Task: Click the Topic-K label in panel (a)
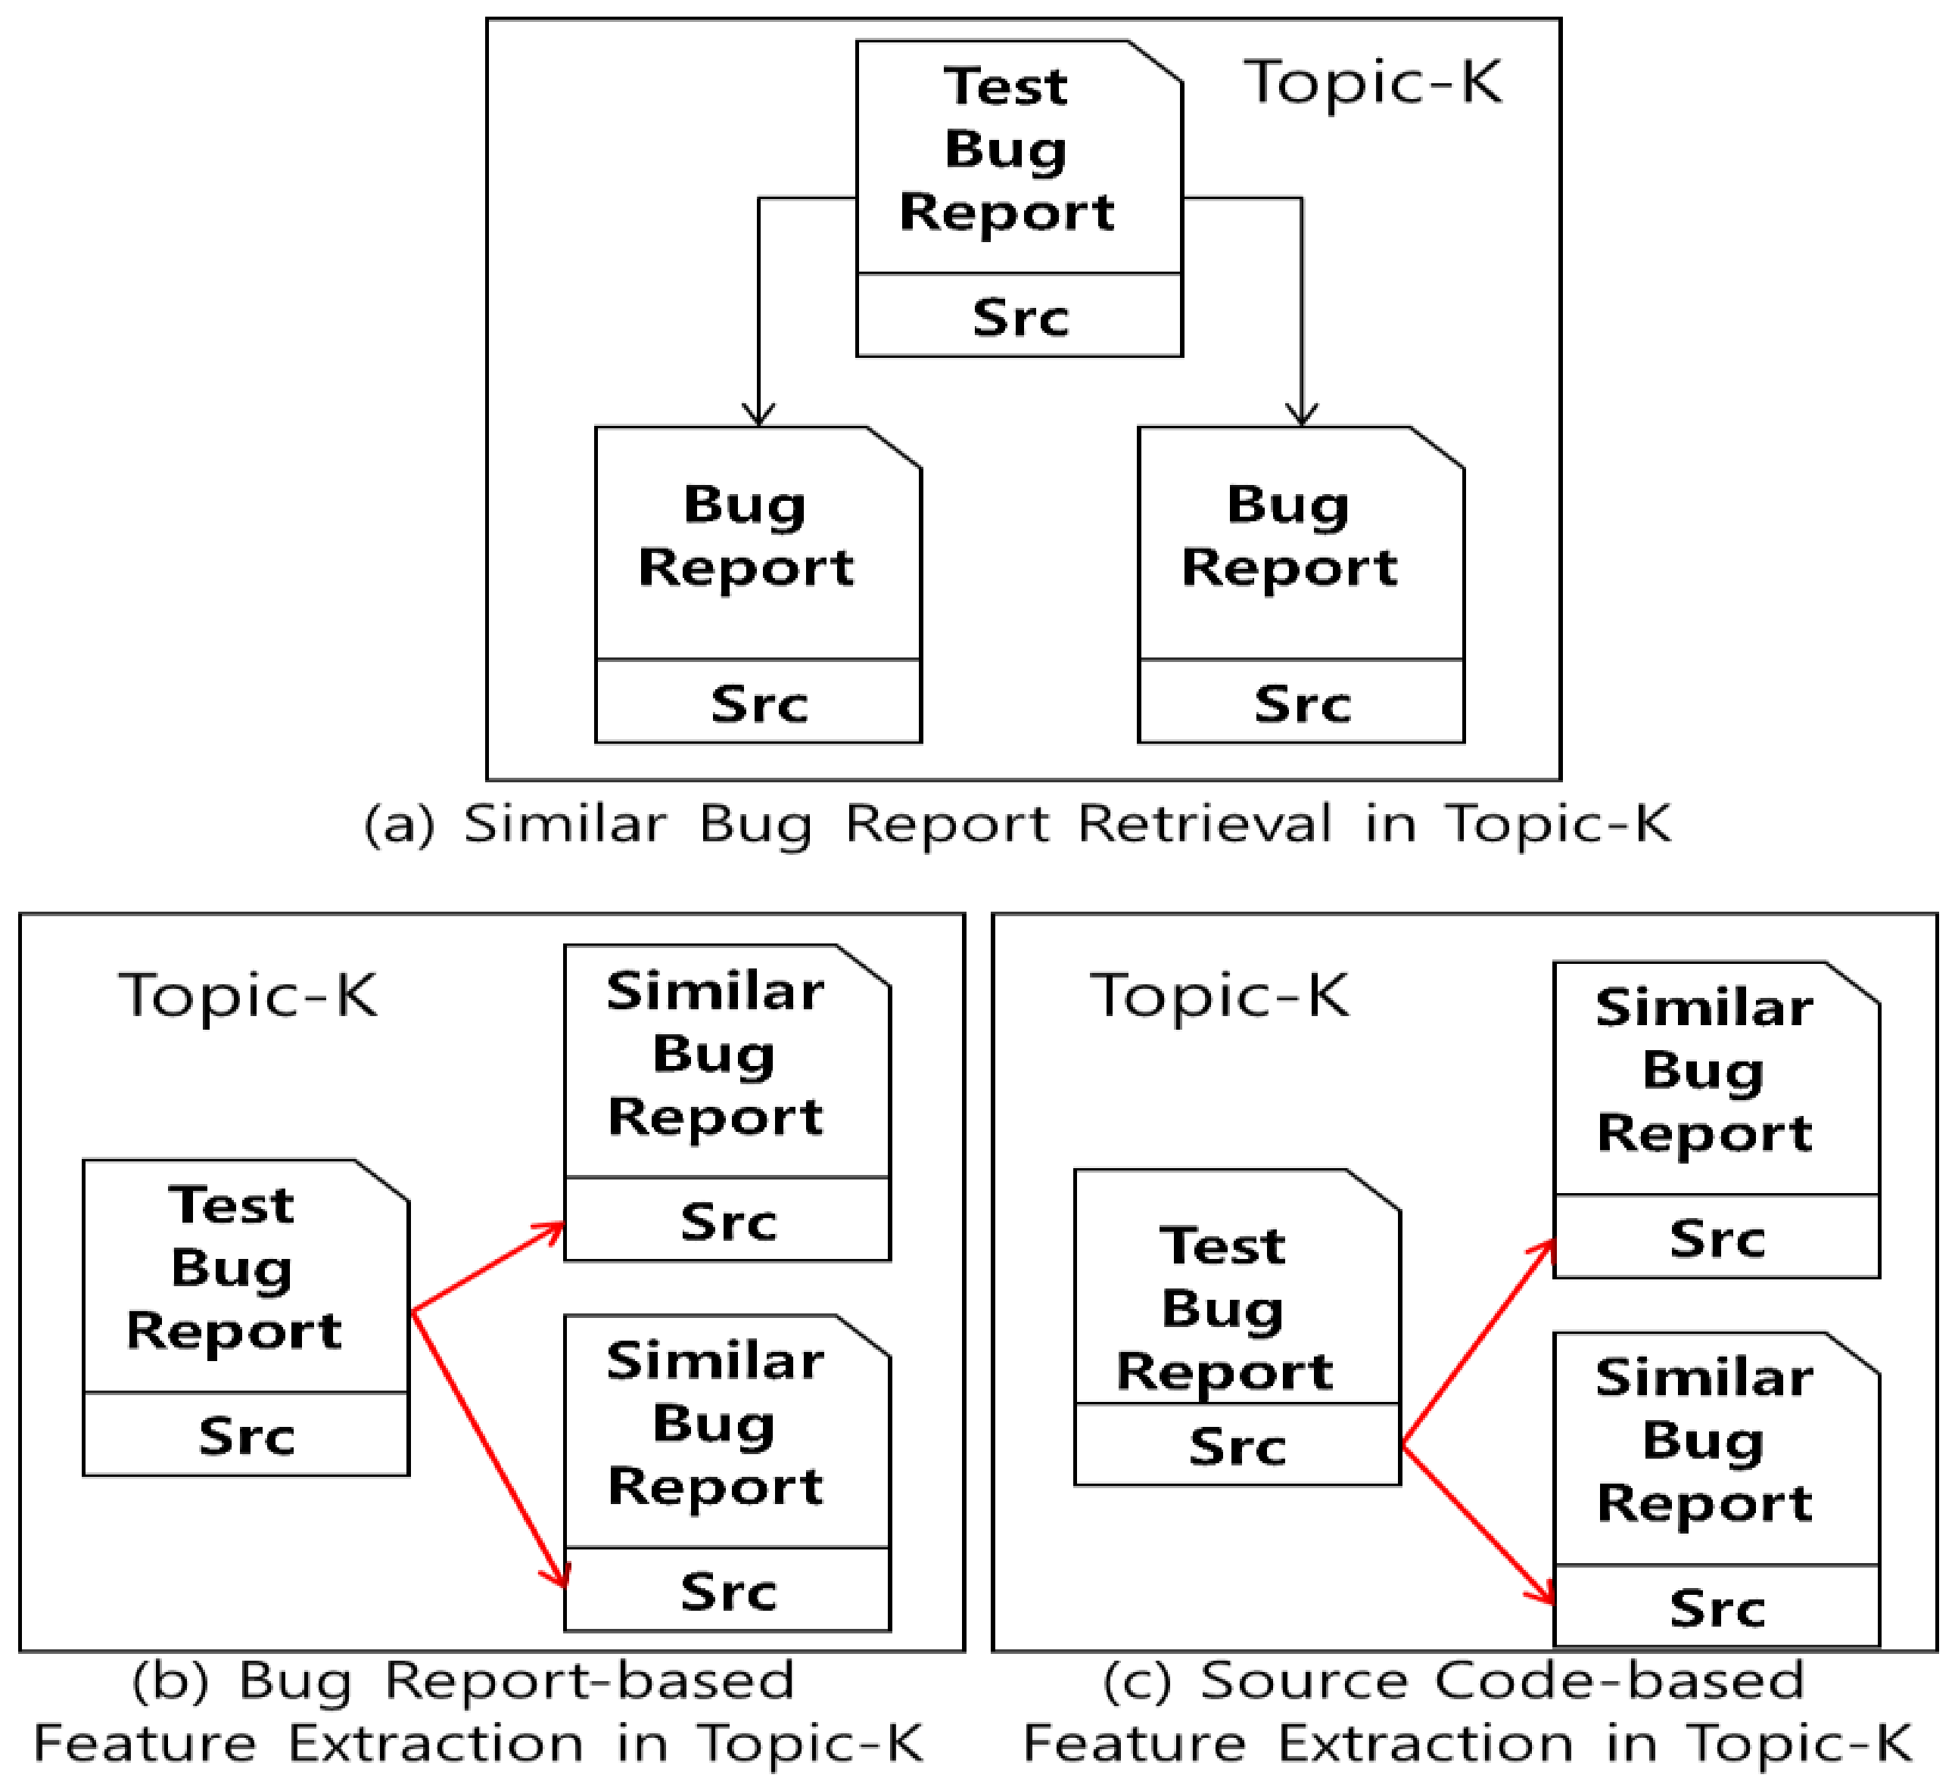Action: pos(1373,83)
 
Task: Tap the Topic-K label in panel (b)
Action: pos(247,996)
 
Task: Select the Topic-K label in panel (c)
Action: pos(1219,996)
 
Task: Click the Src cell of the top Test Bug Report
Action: pos(1020,317)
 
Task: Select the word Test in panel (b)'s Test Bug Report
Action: pos(231,1205)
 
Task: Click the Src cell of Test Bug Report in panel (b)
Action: pos(246,1436)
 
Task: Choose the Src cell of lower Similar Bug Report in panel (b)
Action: pos(727,1592)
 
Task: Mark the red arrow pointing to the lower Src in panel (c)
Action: pos(1478,1525)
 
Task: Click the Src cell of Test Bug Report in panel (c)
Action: pos(1237,1447)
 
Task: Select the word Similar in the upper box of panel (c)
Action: pos(1704,1008)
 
